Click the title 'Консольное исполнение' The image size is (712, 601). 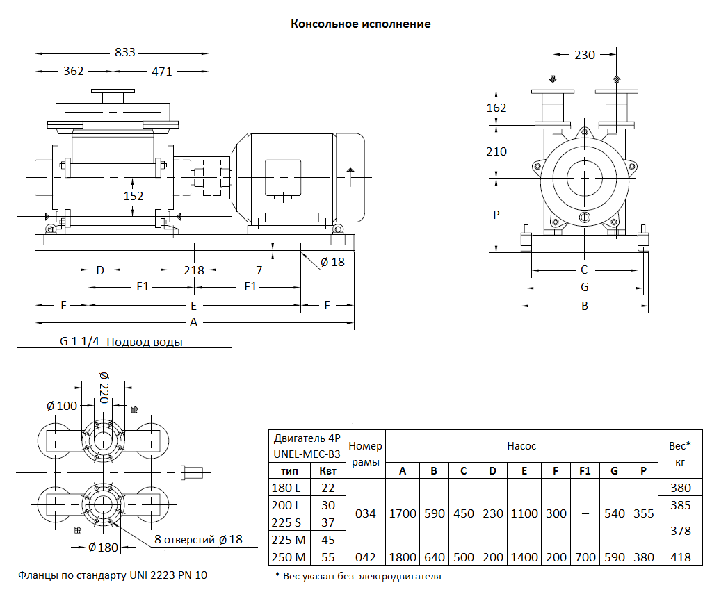click(x=360, y=24)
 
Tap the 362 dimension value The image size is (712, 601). click(x=73, y=71)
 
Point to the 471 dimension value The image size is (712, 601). click(x=161, y=71)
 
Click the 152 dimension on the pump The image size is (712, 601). click(x=133, y=196)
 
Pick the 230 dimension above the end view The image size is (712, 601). click(x=585, y=55)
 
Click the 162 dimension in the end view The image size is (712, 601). click(x=496, y=108)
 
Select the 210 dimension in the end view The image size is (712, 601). click(x=496, y=151)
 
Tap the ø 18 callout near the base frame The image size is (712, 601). click(x=332, y=262)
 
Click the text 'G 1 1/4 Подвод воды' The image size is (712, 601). click(x=122, y=342)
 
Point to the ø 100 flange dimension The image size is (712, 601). click(x=62, y=406)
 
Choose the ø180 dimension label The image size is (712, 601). click(x=104, y=548)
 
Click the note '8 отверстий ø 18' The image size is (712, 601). click(x=197, y=539)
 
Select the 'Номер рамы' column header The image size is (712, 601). click(x=366, y=454)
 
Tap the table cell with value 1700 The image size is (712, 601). click(x=403, y=513)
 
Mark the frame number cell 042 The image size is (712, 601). click(x=366, y=557)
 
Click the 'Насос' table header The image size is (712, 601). click(x=521, y=446)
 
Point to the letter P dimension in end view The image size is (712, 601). click(x=496, y=215)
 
